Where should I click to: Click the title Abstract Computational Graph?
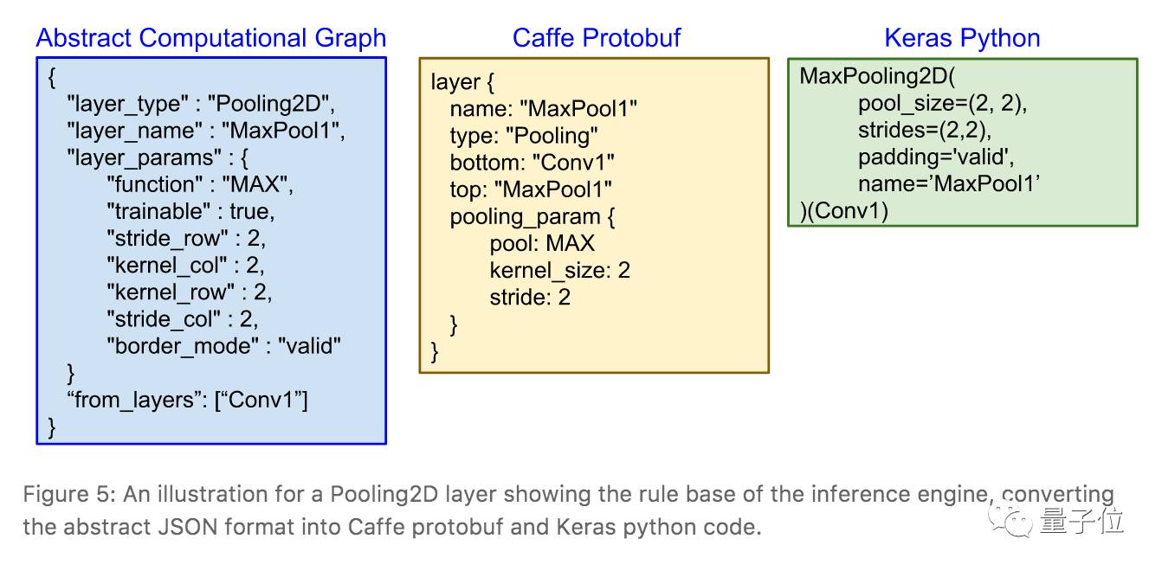click(x=211, y=38)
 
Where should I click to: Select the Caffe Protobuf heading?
click(x=597, y=38)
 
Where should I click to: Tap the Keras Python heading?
click(x=962, y=38)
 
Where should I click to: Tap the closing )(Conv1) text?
click(x=844, y=210)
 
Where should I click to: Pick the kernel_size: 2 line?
click(x=559, y=270)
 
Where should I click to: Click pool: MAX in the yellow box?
click(x=542, y=243)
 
